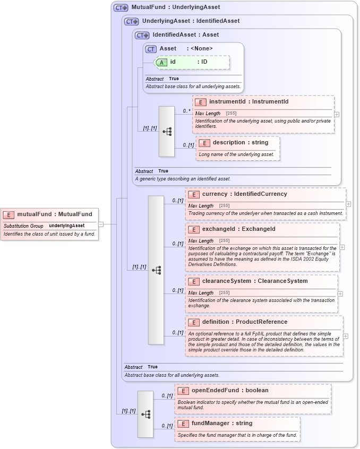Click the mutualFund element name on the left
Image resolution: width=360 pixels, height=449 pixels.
click(55, 214)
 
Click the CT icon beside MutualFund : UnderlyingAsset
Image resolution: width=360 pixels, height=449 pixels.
click(121, 8)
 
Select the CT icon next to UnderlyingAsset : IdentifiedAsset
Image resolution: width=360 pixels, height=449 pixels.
click(132, 21)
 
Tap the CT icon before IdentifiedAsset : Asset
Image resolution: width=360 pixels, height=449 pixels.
click(142, 35)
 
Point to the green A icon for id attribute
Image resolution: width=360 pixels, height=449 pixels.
click(161, 62)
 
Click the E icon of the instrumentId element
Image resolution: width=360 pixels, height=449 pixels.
click(201, 102)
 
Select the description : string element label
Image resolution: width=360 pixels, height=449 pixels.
click(241, 143)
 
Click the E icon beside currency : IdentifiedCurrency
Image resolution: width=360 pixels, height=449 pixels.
click(194, 194)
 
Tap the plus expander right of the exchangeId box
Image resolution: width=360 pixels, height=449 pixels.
click(342, 247)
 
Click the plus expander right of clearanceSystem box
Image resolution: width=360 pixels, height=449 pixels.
click(340, 293)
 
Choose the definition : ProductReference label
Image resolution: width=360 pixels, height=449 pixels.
click(245, 322)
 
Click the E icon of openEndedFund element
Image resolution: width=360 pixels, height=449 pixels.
click(183, 391)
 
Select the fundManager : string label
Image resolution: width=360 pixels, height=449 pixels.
click(222, 424)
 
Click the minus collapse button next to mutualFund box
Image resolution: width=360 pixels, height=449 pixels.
click(101, 224)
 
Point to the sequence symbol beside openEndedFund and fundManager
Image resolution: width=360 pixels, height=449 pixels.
click(145, 414)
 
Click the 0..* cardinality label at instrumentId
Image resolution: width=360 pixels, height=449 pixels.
click(187, 111)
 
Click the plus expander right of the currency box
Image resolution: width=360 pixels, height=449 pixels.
click(349, 204)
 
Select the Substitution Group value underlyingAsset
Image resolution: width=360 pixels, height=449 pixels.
click(67, 226)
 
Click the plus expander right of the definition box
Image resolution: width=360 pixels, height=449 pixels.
click(346, 336)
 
